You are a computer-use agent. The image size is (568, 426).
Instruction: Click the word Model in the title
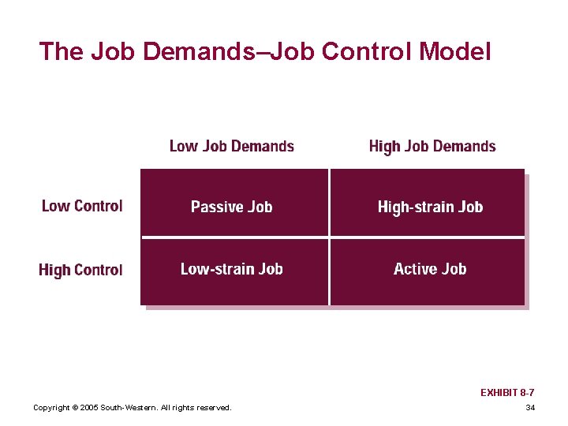coord(455,52)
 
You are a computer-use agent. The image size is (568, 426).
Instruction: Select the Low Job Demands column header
coord(231,147)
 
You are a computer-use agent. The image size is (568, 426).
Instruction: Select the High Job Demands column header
coord(432,147)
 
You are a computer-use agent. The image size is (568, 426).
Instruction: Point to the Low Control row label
coord(82,206)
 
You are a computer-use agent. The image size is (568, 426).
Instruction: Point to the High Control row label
coord(80,270)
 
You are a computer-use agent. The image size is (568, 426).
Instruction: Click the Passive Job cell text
coord(231,207)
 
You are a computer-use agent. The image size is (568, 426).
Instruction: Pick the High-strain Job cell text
coord(430,207)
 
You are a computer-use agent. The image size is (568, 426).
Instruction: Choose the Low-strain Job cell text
coord(231,269)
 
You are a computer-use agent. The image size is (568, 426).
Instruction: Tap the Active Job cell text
coord(430,269)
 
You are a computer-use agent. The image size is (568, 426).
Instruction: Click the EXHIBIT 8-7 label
coord(507,392)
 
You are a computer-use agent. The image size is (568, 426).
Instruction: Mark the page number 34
coord(529,408)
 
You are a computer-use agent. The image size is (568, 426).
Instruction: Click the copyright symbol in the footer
coord(74,408)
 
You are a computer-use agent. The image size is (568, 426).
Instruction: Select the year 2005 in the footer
coord(88,408)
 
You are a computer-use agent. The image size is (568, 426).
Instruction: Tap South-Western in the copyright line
coord(128,408)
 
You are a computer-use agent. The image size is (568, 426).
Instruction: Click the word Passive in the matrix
coord(216,207)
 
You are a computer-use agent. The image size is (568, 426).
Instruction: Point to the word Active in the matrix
coord(415,269)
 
